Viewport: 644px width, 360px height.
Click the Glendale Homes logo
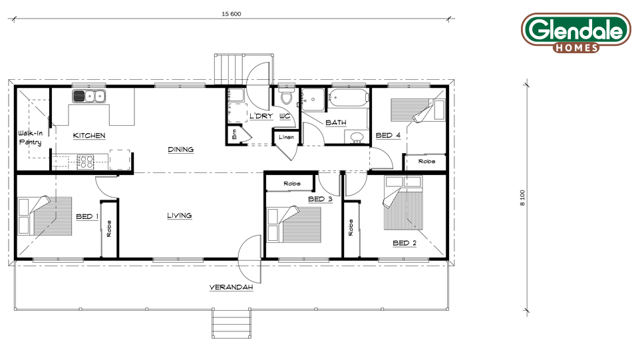[576, 33]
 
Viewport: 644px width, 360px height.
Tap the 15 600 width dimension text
[232, 14]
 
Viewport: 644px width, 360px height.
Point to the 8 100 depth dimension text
[522, 198]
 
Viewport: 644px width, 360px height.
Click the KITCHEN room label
[89, 136]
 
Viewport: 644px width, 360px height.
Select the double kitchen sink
[89, 96]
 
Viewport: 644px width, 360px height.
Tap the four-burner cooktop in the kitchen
[85, 161]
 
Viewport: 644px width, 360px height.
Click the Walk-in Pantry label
[30, 138]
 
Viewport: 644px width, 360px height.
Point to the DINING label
[181, 150]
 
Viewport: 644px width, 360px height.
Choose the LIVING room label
[180, 216]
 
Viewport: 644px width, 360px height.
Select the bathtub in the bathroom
[349, 98]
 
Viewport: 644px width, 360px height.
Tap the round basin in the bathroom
[357, 137]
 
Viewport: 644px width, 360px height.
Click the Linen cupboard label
[286, 137]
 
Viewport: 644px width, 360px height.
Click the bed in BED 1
[45, 216]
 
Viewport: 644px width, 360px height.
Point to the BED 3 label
[320, 199]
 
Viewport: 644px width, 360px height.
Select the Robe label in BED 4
[426, 161]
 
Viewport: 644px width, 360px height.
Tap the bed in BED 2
[403, 203]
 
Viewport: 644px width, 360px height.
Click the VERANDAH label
[231, 287]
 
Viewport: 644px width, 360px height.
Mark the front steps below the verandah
[232, 323]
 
